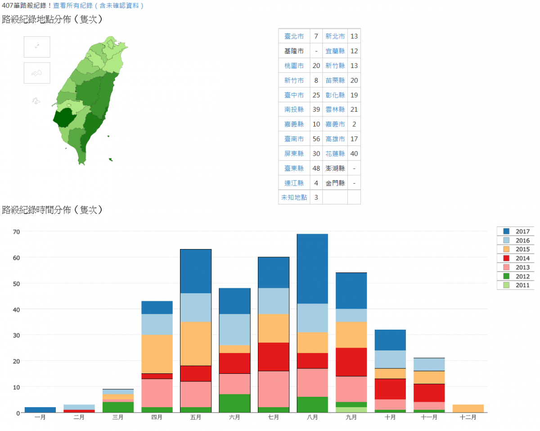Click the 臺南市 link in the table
(294, 139)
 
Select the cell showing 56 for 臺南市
(316, 139)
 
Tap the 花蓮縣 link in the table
(335, 154)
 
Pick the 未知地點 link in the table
(294, 197)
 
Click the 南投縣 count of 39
(316, 109)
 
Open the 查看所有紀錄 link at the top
(99, 5)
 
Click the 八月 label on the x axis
(312, 417)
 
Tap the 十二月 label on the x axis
(468, 417)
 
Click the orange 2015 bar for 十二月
(468, 408)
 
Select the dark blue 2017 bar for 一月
(40, 410)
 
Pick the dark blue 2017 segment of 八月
(312, 268)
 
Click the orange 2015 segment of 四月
(157, 354)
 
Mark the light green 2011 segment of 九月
(351, 410)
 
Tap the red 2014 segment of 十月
(390, 389)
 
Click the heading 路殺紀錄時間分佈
(52, 210)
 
